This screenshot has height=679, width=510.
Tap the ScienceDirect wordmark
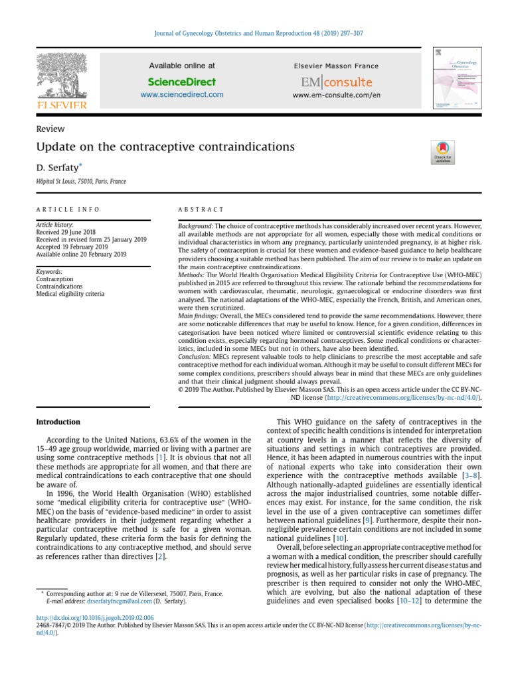point(182,82)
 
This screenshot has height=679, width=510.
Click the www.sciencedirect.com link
point(182,95)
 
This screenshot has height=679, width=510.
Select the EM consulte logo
point(336,83)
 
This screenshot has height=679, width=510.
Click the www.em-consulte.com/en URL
point(336,95)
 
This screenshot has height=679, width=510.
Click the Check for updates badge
point(442,152)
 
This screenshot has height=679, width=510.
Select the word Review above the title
point(50,129)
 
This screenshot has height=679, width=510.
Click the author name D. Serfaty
point(58,169)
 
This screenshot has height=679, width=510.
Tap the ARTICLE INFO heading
point(68,210)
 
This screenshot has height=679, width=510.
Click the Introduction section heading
point(58,422)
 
